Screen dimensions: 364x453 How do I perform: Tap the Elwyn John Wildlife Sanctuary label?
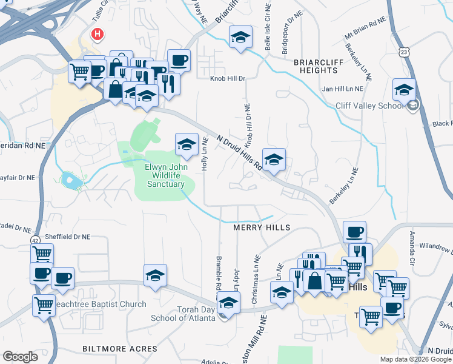(165, 175)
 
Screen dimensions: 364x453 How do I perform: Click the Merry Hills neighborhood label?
(262, 227)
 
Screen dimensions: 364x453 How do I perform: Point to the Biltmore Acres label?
(120, 349)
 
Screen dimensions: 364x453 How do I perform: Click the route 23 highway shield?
(405, 53)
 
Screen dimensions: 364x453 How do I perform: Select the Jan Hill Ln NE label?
(342, 89)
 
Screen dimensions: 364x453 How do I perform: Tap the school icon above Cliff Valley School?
(404, 90)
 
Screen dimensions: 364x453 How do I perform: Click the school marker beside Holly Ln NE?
(187, 144)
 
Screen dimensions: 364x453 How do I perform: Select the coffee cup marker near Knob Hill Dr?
(178, 60)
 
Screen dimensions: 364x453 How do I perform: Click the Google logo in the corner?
(20, 357)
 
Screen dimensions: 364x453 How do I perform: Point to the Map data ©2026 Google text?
(415, 359)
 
